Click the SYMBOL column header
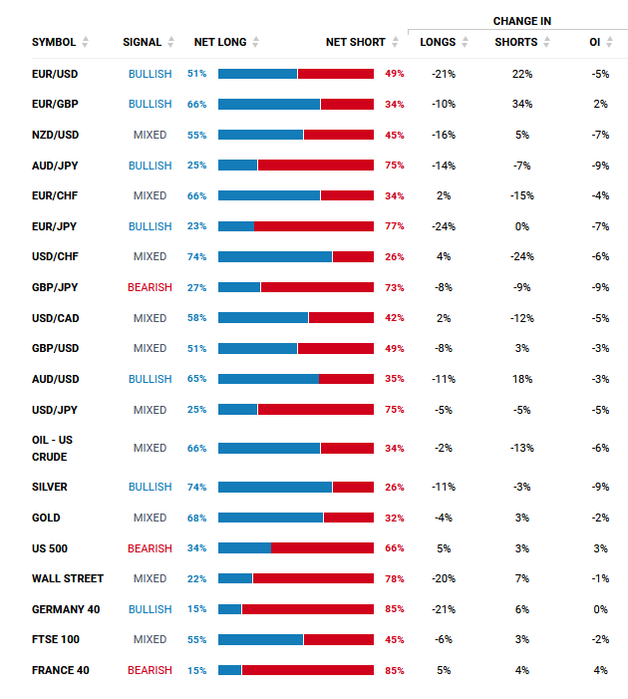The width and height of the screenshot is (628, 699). click(54, 42)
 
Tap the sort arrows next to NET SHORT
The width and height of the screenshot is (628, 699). click(396, 42)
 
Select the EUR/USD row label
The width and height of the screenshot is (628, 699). click(55, 74)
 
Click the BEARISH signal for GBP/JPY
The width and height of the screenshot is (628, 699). click(150, 287)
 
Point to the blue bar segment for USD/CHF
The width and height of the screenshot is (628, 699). click(275, 256)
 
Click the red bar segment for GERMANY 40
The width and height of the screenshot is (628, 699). click(308, 609)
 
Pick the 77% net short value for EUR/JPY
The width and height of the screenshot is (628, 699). click(394, 226)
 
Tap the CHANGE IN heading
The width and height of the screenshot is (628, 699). click(521, 21)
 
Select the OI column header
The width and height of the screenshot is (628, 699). click(595, 42)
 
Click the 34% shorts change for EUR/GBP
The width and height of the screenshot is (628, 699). click(521, 104)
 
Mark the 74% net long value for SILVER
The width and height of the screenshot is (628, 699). click(197, 487)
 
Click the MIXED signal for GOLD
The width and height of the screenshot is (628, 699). click(150, 518)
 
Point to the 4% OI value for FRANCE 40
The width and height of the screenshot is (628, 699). click(599, 670)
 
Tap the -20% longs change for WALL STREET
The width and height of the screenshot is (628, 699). click(444, 578)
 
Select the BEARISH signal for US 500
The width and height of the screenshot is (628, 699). click(150, 548)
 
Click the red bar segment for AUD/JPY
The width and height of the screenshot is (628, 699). click(316, 166)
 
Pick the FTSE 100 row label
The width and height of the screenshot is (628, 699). click(56, 639)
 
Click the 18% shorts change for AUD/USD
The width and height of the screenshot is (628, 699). click(521, 379)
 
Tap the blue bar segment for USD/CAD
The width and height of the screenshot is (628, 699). click(263, 318)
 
